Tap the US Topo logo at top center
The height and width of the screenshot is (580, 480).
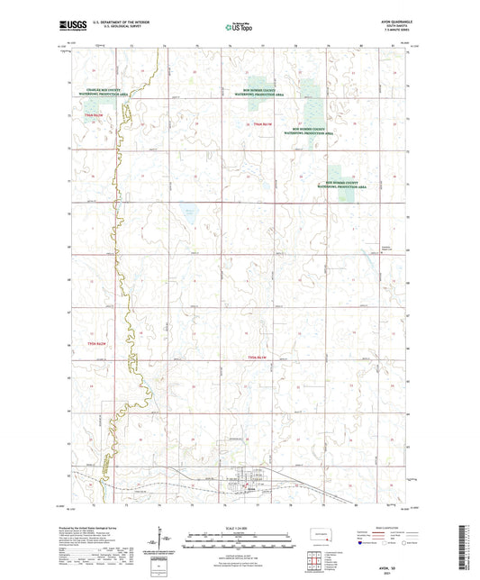pos(240,29)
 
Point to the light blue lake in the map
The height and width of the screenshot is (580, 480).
pos(190,217)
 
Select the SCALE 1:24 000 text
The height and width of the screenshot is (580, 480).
pos(240,527)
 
